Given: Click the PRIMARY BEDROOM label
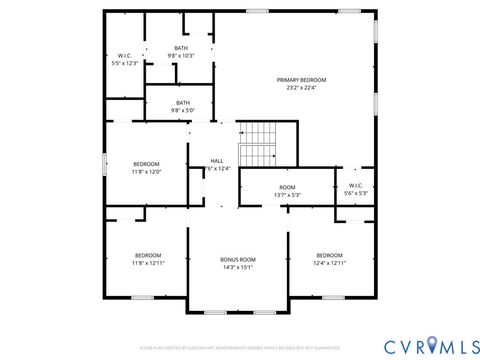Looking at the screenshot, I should point(301,79).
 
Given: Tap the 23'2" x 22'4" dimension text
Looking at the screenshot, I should point(301,87).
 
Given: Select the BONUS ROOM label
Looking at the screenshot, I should point(238,259).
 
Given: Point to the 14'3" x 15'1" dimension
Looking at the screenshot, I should point(238,267).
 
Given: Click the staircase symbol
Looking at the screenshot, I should point(258,145).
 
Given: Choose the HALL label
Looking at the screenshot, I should point(217,161).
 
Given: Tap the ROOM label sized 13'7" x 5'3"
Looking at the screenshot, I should point(287,187).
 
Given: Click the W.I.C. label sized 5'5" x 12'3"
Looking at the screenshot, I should point(125,55).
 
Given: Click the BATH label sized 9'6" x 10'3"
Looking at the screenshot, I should point(181,47).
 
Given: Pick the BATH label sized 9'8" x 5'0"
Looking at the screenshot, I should point(183,102).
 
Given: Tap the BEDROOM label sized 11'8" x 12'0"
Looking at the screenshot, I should point(147,163).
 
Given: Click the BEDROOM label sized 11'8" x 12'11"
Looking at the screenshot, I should point(147,255).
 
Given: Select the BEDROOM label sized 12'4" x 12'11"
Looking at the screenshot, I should point(330,255).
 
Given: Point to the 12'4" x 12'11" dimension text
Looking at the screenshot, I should point(330,263).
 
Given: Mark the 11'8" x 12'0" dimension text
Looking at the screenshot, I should point(147,171).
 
